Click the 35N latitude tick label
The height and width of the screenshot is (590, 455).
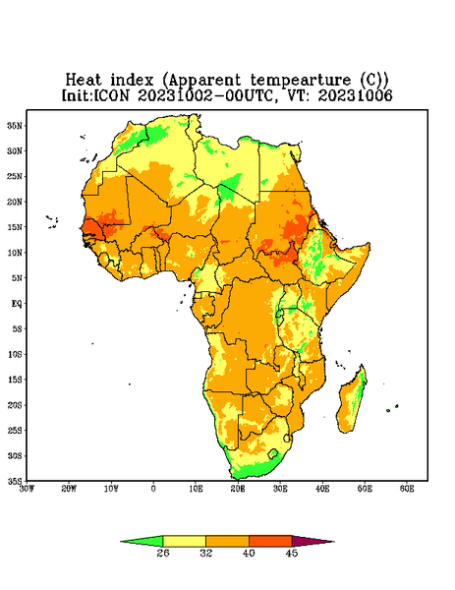[15, 125]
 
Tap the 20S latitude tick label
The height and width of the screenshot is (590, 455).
[15, 405]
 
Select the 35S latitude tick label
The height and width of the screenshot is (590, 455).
[15, 481]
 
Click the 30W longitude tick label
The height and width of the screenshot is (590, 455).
[27, 489]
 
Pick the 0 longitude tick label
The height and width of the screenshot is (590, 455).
[153, 489]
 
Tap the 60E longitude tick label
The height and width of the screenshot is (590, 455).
[407, 489]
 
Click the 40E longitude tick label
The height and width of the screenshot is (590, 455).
[322, 489]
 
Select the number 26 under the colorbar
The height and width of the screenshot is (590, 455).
[163, 553]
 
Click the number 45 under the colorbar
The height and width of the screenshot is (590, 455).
[292, 553]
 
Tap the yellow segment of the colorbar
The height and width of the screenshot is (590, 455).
[184, 541]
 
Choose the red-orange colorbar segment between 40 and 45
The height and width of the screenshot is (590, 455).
[270, 541]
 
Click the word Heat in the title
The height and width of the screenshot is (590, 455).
[84, 81]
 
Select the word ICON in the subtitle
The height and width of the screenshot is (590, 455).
[111, 95]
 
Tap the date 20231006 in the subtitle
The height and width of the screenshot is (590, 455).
[355, 95]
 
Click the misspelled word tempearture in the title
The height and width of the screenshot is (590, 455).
[301, 81]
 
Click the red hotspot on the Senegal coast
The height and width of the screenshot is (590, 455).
[91, 229]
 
